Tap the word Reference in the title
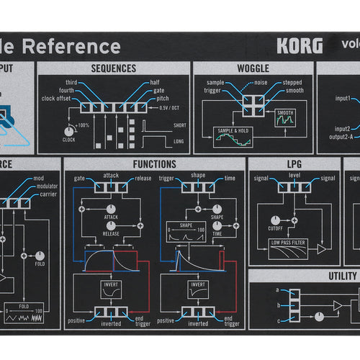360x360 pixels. [78, 47]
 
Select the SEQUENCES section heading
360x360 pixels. [114, 68]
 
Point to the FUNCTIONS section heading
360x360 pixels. [154, 164]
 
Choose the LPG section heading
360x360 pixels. [294, 164]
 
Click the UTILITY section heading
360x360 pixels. [342, 276]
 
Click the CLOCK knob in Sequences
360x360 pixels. [69, 131]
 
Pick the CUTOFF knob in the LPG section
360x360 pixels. [275, 220]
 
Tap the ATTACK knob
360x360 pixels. [112, 207]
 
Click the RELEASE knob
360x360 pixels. [112, 225]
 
